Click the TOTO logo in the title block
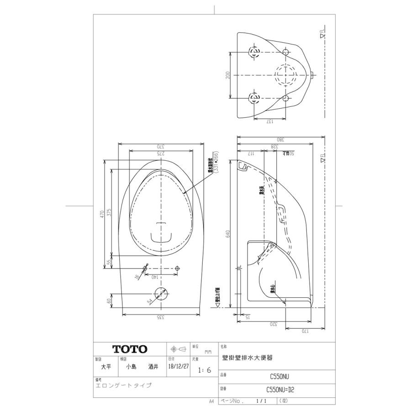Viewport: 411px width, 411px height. (130, 349)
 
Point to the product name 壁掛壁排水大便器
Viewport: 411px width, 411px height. (247, 359)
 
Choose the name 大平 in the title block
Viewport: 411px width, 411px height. (105, 367)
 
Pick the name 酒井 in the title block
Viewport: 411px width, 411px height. (153, 367)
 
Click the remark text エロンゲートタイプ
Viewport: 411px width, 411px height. (123, 385)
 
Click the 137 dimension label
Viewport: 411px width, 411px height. (269, 121)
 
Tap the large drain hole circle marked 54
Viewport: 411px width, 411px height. (160, 294)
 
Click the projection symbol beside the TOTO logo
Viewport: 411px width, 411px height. (178, 349)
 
